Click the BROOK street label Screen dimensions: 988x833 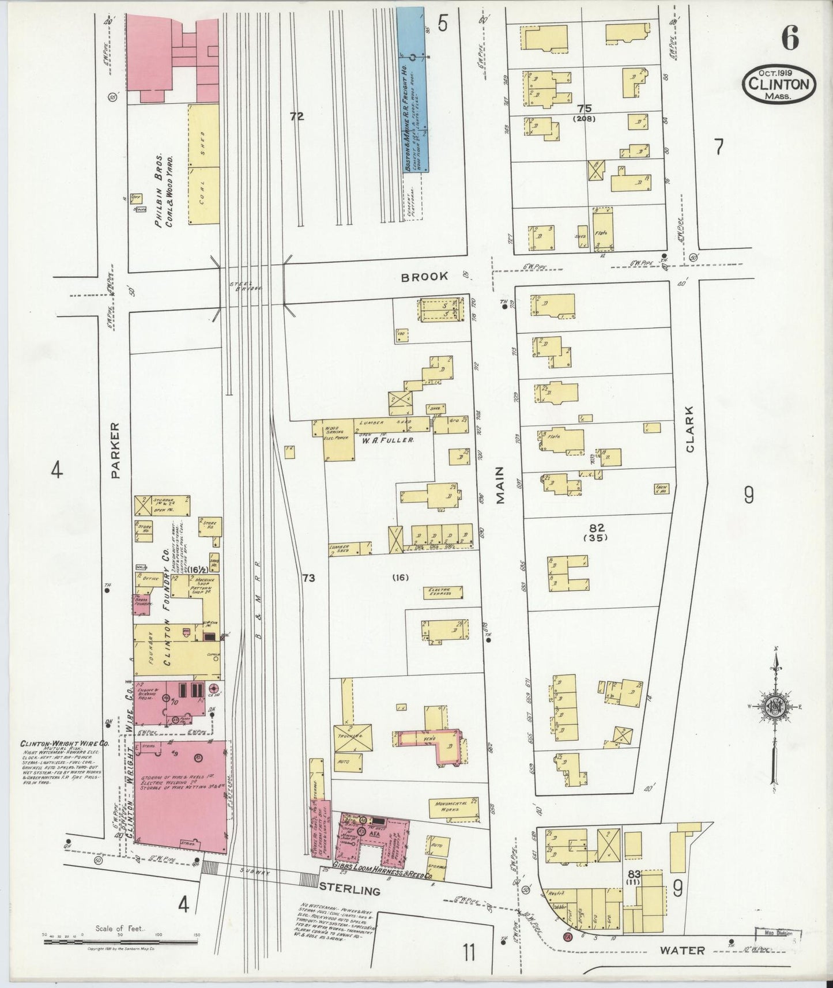424,276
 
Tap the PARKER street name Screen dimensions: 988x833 114,451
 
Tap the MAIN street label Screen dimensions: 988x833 500,485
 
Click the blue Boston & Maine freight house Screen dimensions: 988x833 415,89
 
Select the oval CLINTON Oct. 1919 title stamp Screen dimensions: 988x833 779,84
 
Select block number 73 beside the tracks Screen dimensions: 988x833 308,578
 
